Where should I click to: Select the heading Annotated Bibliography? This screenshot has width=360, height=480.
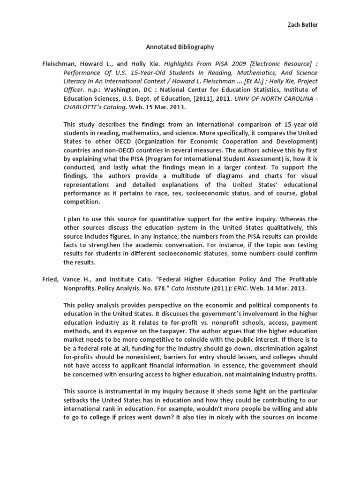[x=180, y=47]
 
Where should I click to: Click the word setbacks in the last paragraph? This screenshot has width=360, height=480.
[x=79, y=400]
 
